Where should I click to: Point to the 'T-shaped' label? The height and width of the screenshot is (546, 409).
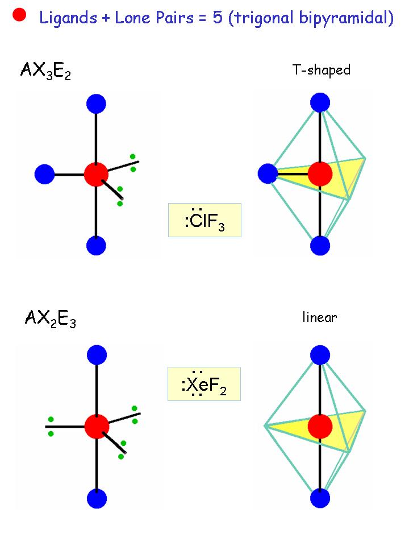(321, 71)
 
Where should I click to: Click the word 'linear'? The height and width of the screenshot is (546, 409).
(319, 317)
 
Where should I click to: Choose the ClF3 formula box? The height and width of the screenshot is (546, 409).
(205, 220)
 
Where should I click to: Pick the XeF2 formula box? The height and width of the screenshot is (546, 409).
(204, 384)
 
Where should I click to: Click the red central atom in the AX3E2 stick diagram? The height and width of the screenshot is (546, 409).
(96, 174)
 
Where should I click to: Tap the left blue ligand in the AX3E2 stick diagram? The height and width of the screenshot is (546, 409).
(44, 174)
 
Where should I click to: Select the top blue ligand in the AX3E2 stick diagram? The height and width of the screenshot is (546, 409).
(96, 104)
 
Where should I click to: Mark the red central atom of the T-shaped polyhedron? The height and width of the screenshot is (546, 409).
(320, 174)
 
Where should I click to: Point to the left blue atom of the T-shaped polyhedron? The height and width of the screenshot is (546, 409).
(267, 174)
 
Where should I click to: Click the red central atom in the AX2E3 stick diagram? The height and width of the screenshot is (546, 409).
(97, 426)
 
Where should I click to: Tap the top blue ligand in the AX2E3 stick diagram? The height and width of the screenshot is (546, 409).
(97, 355)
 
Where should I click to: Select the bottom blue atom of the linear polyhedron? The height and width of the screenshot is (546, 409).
(320, 498)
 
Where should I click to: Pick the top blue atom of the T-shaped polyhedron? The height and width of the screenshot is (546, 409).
(320, 103)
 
